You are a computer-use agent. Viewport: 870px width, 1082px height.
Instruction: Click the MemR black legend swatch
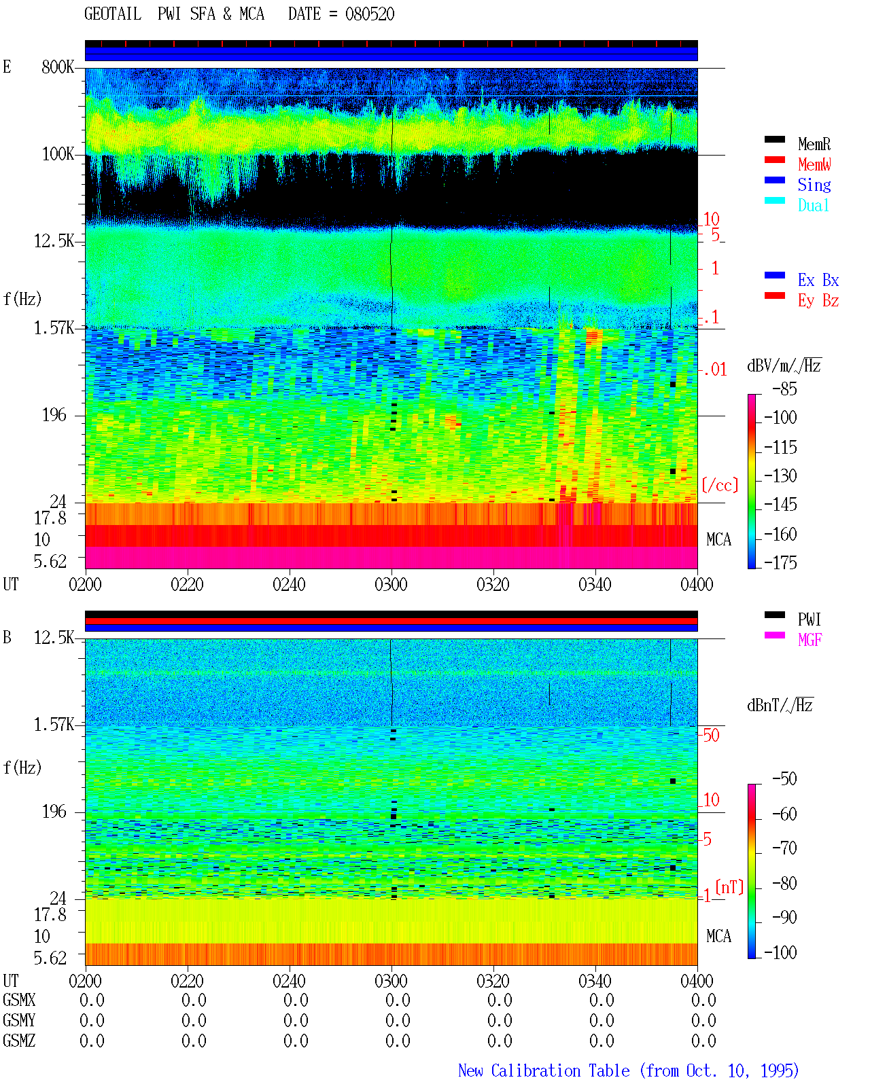pyautogui.click(x=774, y=139)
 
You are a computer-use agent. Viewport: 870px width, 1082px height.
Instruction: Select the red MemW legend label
pyautogui.click(x=814, y=164)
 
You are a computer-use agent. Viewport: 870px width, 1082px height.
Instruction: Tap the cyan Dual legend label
pyautogui.click(x=813, y=205)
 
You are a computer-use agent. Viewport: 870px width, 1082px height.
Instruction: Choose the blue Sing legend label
pyautogui.click(x=814, y=185)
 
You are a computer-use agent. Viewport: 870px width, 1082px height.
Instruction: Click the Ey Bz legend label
pyautogui.click(x=818, y=300)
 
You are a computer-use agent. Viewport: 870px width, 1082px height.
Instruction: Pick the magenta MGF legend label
pyautogui.click(x=810, y=640)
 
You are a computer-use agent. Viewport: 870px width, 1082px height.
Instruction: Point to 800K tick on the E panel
pyautogui.click(x=58, y=67)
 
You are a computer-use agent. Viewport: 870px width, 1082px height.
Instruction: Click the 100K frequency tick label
pyautogui.click(x=58, y=154)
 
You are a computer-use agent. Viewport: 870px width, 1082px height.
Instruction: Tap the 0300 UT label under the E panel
pyautogui.click(x=391, y=584)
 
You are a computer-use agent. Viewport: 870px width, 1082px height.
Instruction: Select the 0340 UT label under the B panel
pyautogui.click(x=595, y=980)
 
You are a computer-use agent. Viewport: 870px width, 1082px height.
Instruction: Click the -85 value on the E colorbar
pyautogui.click(x=784, y=389)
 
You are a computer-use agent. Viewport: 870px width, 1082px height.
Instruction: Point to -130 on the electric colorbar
pyautogui.click(x=780, y=475)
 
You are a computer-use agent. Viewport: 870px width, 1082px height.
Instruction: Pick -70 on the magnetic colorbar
pyautogui.click(x=784, y=848)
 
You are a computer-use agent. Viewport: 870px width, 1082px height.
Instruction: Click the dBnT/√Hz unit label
pyautogui.click(x=780, y=705)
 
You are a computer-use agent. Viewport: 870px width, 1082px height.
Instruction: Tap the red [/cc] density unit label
pyautogui.click(x=720, y=485)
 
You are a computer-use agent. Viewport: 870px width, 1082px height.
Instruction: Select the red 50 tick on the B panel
pyautogui.click(x=711, y=735)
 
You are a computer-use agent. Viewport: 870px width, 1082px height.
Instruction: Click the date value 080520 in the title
pyautogui.click(x=370, y=14)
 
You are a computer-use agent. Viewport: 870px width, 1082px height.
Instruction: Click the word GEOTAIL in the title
pyautogui.click(x=113, y=14)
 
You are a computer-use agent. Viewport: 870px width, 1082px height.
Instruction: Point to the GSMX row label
pyautogui.click(x=19, y=1000)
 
